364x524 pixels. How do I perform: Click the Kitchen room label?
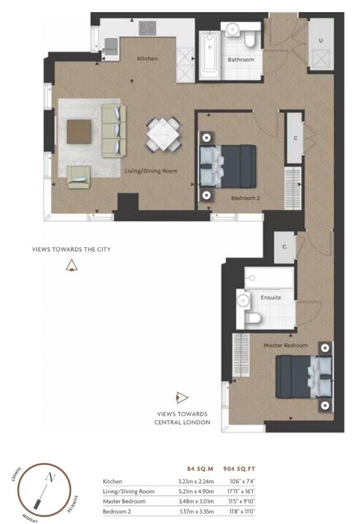pyautogui.click(x=147, y=59)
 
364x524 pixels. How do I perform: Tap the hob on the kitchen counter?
pyautogui.click(x=148, y=28)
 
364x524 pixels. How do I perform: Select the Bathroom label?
pyautogui.click(x=241, y=60)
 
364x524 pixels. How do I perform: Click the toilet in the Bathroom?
pyautogui.click(x=250, y=37)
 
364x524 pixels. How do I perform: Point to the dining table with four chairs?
pyautogui.click(x=164, y=134)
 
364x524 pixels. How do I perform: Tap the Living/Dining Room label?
pyautogui.click(x=150, y=171)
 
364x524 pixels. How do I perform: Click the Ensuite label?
pyautogui.click(x=271, y=297)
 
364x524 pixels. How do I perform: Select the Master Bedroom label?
pyautogui.click(x=285, y=345)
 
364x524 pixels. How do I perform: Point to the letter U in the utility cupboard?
pyautogui.click(x=321, y=41)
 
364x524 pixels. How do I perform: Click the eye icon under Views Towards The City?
pyautogui.click(x=71, y=266)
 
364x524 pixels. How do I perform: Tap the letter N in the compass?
pyautogui.click(x=50, y=478)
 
